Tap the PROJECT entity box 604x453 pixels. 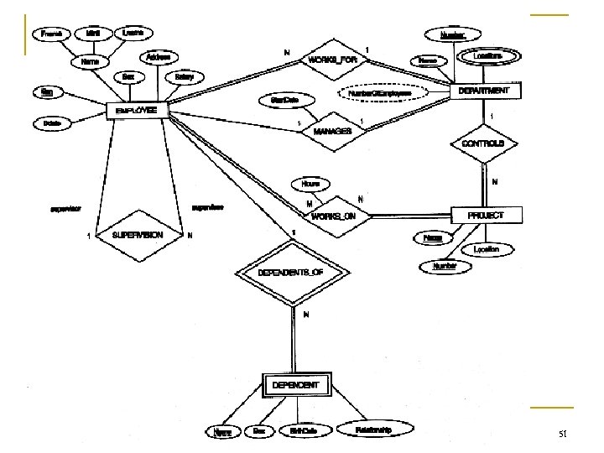coord(486,216)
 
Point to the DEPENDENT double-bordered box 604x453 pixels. coord(295,386)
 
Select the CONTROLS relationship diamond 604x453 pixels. coord(483,144)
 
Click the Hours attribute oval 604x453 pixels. coord(310,183)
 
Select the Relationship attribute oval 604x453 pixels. coord(372,430)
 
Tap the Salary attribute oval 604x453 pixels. coord(185,77)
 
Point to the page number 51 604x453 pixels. coord(563,435)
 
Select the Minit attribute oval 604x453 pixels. coord(93,33)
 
